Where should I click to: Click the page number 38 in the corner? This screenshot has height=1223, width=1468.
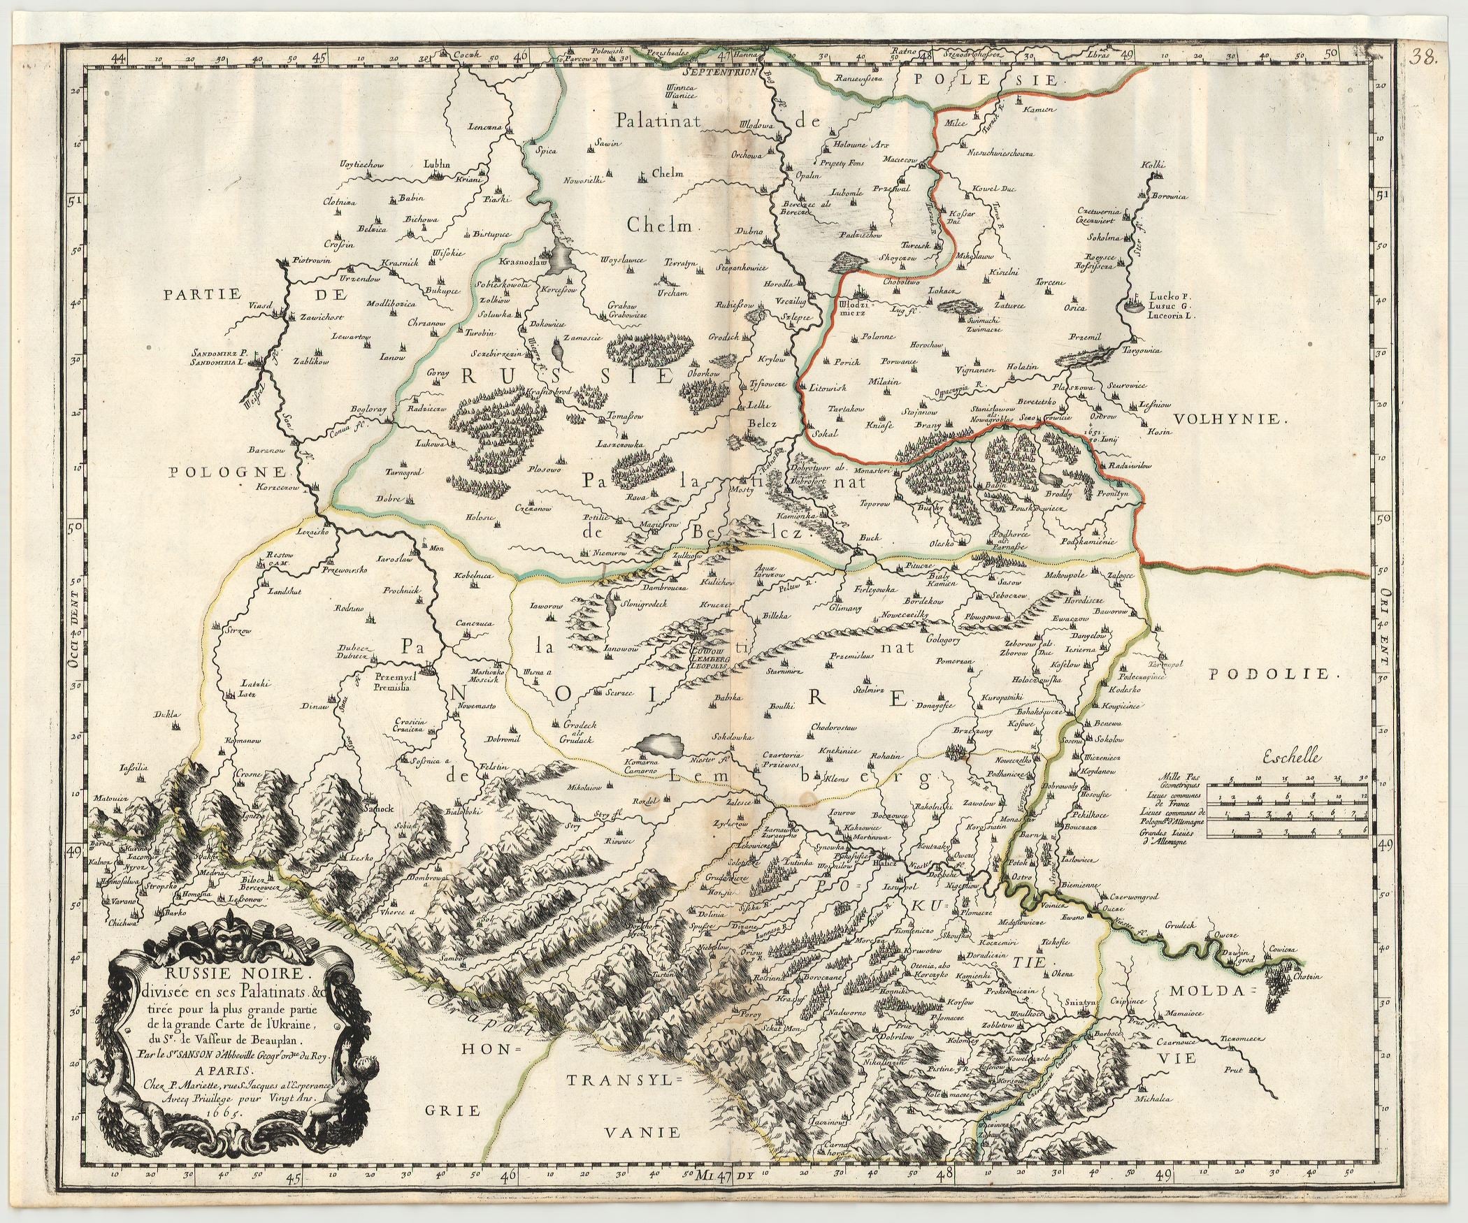[1440, 58]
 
